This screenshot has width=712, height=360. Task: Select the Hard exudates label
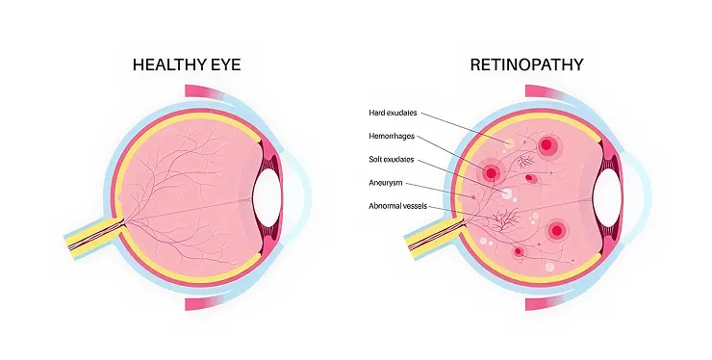coord(393,113)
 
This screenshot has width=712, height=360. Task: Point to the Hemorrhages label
coord(394,137)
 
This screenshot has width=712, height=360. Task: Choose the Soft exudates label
coord(393,160)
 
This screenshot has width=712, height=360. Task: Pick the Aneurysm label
coord(387,183)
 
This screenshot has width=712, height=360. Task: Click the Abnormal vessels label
coord(397,206)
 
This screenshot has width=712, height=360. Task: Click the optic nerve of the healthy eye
coord(91,237)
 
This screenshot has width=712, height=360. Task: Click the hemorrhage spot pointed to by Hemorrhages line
coord(492,173)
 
